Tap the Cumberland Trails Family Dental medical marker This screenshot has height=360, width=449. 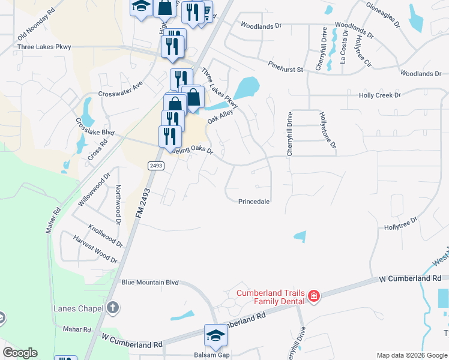(x=313, y=296)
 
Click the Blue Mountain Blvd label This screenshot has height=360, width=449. (x=151, y=281)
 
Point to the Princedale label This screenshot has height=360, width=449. (x=254, y=202)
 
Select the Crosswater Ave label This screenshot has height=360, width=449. (x=121, y=90)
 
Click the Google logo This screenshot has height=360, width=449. (x=20, y=353)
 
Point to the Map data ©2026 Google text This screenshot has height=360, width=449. (x=411, y=355)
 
